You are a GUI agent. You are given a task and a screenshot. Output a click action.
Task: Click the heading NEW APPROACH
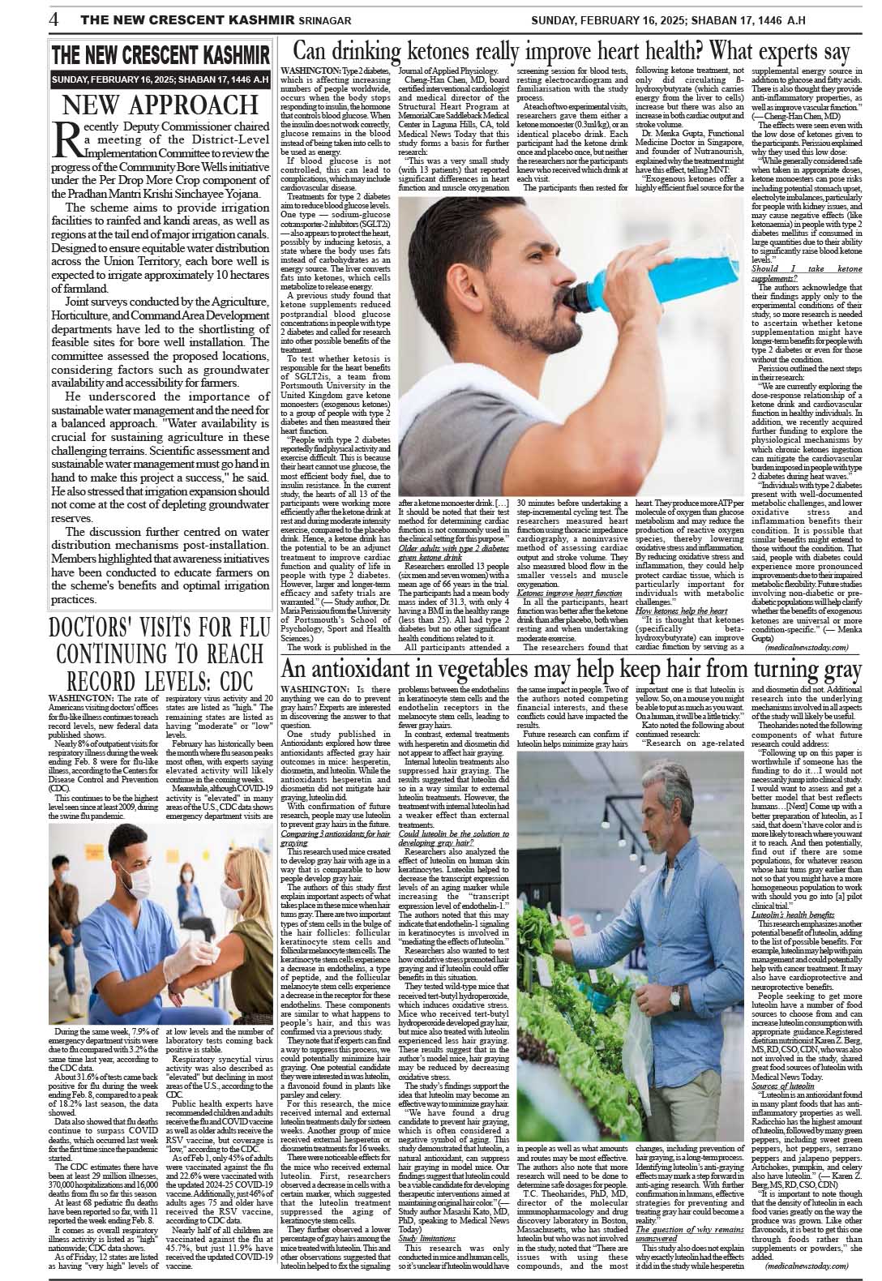point(160,105)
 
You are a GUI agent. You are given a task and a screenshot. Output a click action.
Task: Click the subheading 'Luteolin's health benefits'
point(791,914)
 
